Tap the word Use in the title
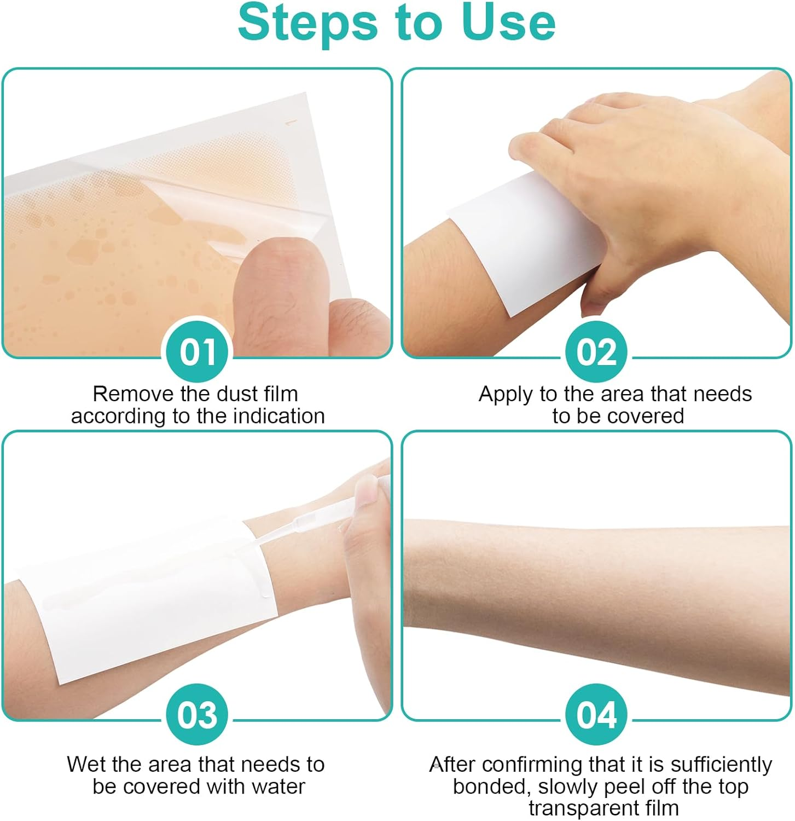pyautogui.click(x=508, y=23)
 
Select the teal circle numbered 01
pyautogui.click(x=198, y=351)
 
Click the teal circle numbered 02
pyautogui.click(x=596, y=351)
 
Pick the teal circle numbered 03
pyautogui.click(x=198, y=714)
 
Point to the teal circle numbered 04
pyautogui.click(x=596, y=714)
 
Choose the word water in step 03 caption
pyautogui.click(x=278, y=787)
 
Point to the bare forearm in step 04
pyautogui.click(x=596, y=580)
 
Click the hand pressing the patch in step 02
pyautogui.click(x=629, y=153)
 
